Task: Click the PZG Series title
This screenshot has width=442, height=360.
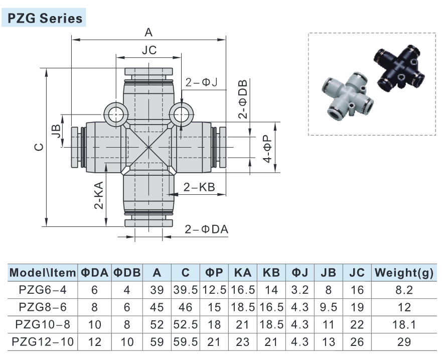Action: (x=45, y=19)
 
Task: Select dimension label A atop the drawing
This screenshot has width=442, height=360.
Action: (x=149, y=33)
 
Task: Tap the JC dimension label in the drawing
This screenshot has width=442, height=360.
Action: (x=149, y=50)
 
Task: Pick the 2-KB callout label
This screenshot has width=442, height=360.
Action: (x=199, y=187)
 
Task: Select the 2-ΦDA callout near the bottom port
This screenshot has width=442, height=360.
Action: (x=206, y=229)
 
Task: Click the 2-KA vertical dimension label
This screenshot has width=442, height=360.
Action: (x=99, y=195)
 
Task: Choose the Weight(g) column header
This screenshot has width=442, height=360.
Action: (x=403, y=273)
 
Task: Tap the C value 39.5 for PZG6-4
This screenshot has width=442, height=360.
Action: (x=186, y=290)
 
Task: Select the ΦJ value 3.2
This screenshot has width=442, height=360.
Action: (x=300, y=290)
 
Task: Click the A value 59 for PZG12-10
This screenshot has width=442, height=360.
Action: (x=157, y=342)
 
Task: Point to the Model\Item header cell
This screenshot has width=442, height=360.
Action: (x=43, y=273)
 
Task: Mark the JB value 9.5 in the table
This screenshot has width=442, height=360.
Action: (x=328, y=307)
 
